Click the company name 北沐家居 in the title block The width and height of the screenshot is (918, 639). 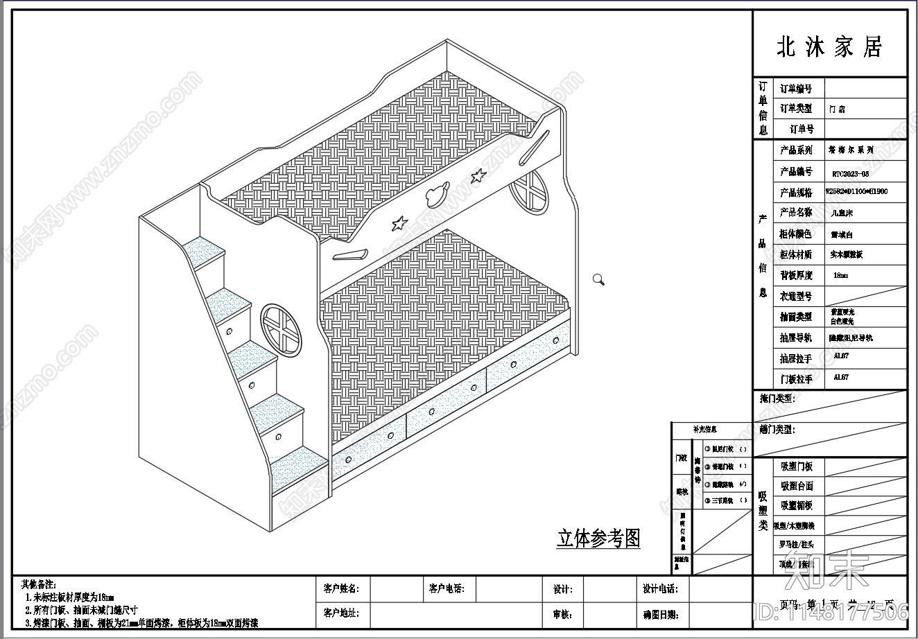pyautogui.click(x=829, y=47)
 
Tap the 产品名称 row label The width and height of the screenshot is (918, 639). pyautogui.click(x=796, y=213)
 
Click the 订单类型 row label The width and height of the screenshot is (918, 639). pyautogui.click(x=796, y=109)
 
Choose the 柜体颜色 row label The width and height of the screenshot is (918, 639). pyautogui.click(x=796, y=234)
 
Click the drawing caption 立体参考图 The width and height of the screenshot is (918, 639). pyautogui.click(x=598, y=539)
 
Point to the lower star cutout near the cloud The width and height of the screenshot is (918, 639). pyautogui.click(x=399, y=223)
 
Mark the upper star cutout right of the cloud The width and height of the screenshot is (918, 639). pyautogui.click(x=477, y=176)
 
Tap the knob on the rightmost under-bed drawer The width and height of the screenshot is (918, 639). pyautogui.click(x=556, y=340)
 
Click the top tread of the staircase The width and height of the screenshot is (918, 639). pyautogui.click(x=205, y=250)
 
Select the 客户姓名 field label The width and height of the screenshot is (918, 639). pyautogui.click(x=341, y=589)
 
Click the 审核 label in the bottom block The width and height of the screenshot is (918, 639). pyautogui.click(x=562, y=614)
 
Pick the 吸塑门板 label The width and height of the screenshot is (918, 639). pyautogui.click(x=797, y=467)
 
